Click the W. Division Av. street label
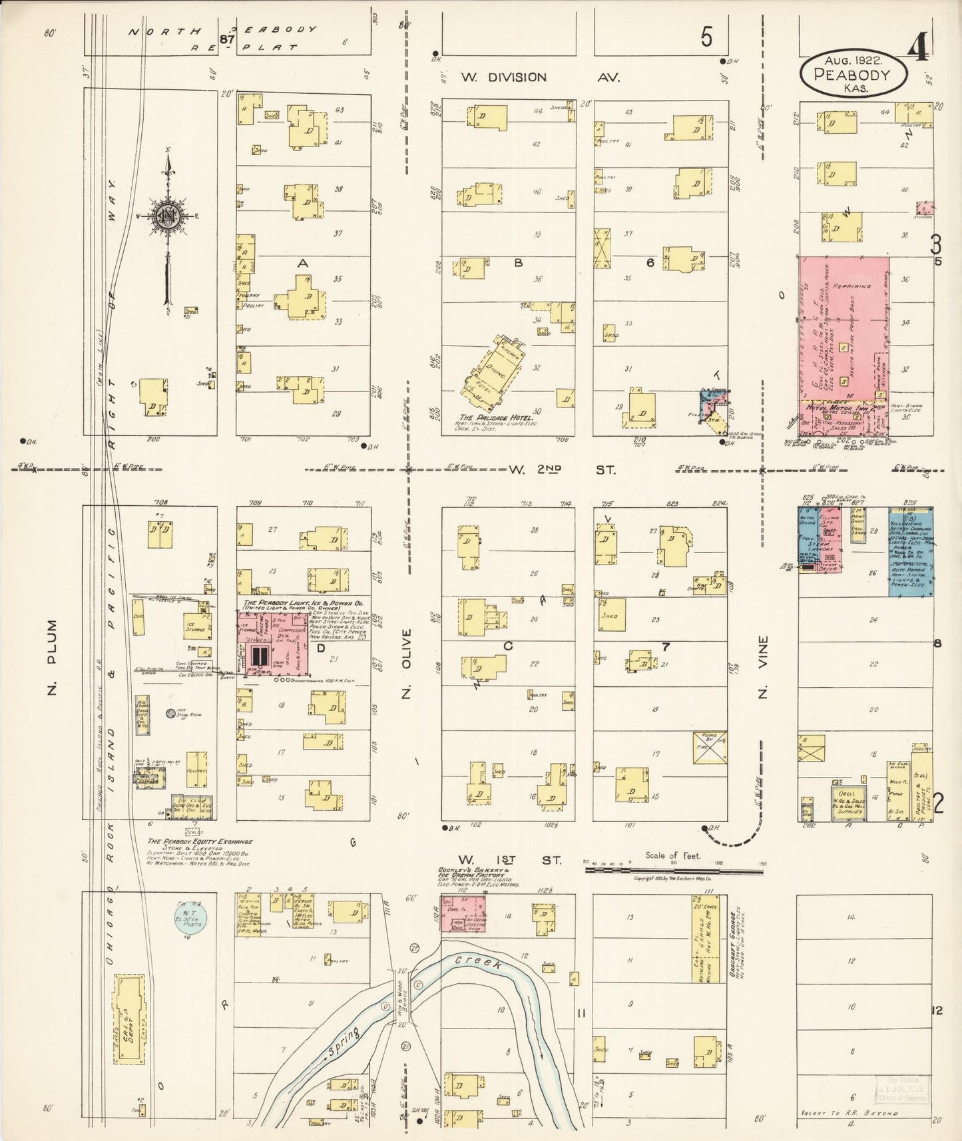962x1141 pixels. tap(540, 77)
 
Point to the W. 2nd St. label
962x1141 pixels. tap(562, 470)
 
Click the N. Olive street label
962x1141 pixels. tap(407, 662)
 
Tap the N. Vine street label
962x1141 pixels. tap(763, 666)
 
